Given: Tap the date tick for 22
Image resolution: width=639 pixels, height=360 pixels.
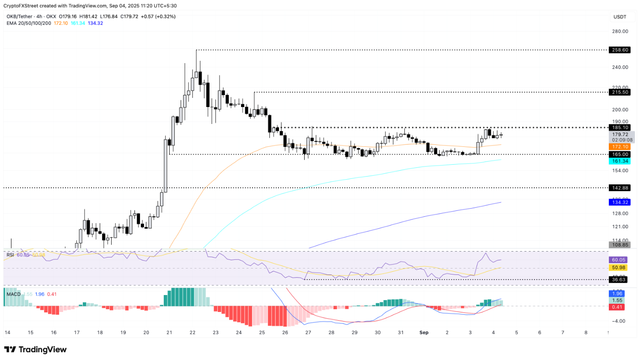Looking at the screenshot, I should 193,333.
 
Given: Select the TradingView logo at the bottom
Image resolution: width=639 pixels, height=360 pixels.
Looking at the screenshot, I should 36,349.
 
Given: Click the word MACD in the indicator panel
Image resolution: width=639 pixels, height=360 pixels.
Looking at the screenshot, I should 14,294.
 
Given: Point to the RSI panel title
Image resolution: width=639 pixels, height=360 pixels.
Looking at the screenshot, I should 10,255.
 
